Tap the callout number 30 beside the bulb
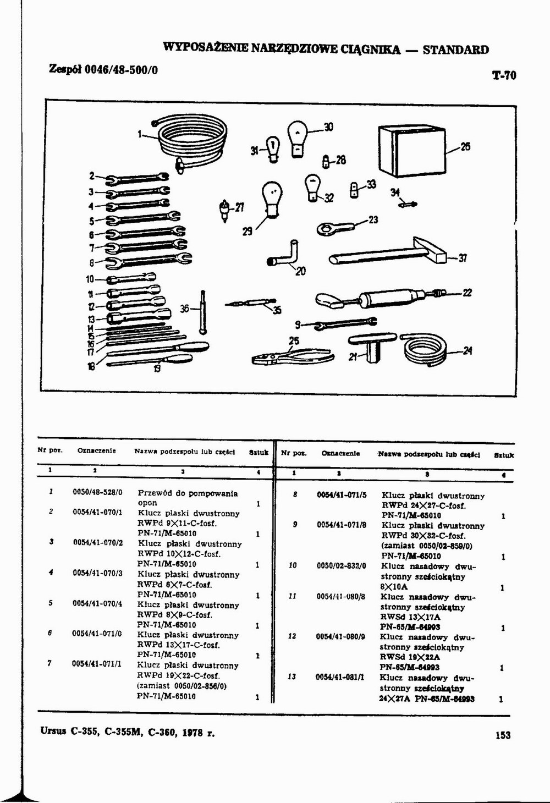[x=328, y=127]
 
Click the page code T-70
[x=504, y=75]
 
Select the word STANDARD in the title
[x=455, y=50]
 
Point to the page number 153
[x=503, y=735]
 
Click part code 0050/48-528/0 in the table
[x=97, y=492]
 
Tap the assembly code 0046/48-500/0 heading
[x=122, y=70]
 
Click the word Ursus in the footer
[x=53, y=732]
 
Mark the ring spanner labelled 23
[x=337, y=226]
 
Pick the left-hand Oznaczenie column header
[x=96, y=451]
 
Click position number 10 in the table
[x=293, y=565]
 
